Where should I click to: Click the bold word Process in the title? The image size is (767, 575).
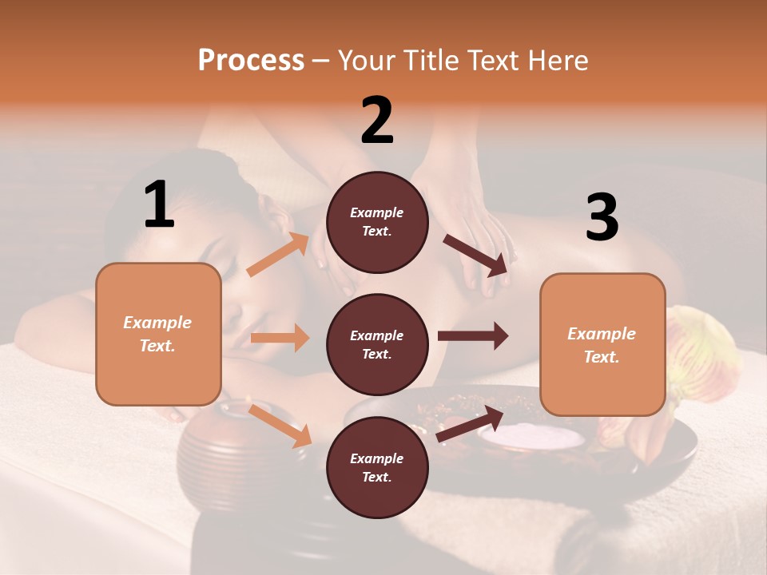(x=251, y=60)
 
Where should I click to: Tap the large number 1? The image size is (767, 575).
(x=159, y=204)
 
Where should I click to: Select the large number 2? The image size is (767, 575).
(x=377, y=120)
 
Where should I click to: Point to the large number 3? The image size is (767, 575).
(x=602, y=217)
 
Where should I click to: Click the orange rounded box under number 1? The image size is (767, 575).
(x=158, y=334)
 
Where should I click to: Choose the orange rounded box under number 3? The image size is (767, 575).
(x=602, y=344)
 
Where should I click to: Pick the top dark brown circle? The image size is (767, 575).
(x=377, y=222)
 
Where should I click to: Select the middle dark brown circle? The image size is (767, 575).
(x=377, y=344)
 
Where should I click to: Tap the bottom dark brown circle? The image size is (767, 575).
(x=377, y=467)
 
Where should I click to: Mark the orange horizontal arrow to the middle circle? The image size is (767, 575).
(x=280, y=338)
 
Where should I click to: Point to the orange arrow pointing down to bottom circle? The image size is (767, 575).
(x=280, y=426)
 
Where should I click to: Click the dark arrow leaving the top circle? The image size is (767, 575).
(x=476, y=255)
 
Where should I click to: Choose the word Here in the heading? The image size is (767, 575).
(x=558, y=60)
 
